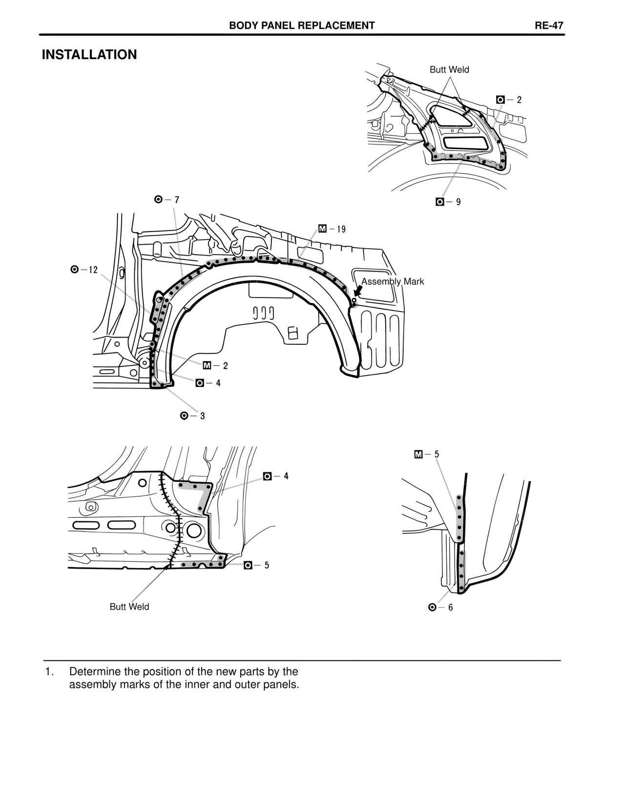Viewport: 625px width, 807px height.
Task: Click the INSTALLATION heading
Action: pyautogui.click(x=89, y=55)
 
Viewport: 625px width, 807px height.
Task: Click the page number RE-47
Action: pyautogui.click(x=549, y=26)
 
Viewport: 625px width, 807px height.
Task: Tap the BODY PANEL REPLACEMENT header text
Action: pyautogui.click(x=302, y=26)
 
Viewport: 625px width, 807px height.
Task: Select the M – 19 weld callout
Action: pyautogui.click(x=332, y=229)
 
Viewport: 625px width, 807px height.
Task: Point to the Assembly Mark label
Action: pyautogui.click(x=393, y=281)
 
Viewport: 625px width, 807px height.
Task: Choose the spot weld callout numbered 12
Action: pyautogui.click(x=84, y=270)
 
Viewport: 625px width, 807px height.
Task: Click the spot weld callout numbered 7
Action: pyautogui.click(x=167, y=200)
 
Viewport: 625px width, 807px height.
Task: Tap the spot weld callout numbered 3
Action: pyautogui.click(x=192, y=416)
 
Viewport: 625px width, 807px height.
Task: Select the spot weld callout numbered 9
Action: pyautogui.click(x=448, y=202)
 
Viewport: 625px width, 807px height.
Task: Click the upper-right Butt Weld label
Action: pyautogui.click(x=449, y=70)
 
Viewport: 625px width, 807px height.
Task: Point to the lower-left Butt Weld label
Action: pyautogui.click(x=129, y=607)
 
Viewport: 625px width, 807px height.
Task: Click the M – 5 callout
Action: pyautogui.click(x=427, y=454)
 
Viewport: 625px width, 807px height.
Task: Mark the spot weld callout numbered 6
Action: pyautogui.click(x=440, y=607)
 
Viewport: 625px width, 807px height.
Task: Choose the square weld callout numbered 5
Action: pyautogui.click(x=256, y=565)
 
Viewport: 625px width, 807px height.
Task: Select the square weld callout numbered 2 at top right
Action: pyautogui.click(x=509, y=100)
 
